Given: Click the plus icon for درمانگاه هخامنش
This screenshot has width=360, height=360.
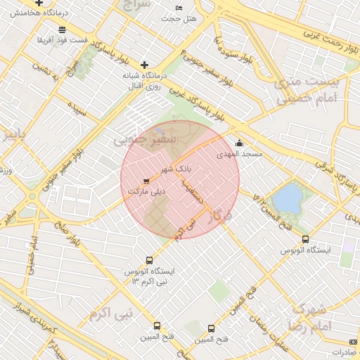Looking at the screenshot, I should coord(49,4).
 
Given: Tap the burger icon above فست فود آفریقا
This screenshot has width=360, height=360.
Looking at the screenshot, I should coord(63,30).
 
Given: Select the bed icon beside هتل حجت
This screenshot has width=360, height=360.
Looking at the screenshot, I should coord(179,7).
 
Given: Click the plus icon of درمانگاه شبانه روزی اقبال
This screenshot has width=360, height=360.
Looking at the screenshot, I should coord(145,65).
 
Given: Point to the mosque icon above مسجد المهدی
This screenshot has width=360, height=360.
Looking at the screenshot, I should coord(239,143).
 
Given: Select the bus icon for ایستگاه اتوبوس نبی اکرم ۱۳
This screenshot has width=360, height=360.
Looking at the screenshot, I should coord(148,260).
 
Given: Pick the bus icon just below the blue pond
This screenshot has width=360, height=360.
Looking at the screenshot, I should coord(305,240).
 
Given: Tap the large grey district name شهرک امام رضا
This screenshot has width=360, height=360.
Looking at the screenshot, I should coord(309,318).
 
